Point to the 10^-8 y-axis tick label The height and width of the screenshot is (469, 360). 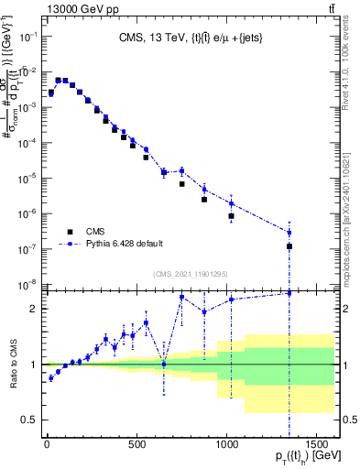pos(28,283)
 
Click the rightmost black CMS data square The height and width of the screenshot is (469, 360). pos(289,246)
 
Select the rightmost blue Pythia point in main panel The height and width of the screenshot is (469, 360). pos(289,232)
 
